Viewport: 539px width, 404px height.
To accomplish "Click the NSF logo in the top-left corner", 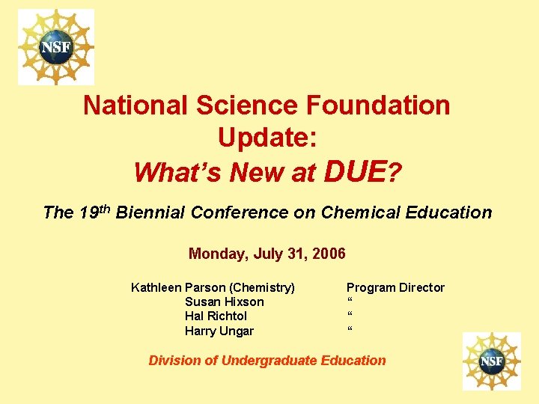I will pyautogui.click(x=56, y=46).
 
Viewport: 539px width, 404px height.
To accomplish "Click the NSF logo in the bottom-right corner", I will pyautogui.click(x=491, y=361).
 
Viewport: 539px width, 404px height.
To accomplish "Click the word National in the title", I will pyautogui.click(x=135, y=105).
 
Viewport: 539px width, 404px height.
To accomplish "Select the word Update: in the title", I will pyautogui.click(x=267, y=138).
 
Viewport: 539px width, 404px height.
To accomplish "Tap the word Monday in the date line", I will pyautogui.click(x=217, y=254).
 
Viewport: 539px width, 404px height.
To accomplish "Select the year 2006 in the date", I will pyautogui.click(x=329, y=254).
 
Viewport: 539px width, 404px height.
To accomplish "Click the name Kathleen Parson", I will pyautogui.click(x=178, y=287).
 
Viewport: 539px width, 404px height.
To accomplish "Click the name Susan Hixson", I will pyautogui.click(x=224, y=302).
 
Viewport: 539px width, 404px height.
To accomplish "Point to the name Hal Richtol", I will pyautogui.click(x=216, y=316).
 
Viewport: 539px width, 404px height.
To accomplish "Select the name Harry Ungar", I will pyautogui.click(x=219, y=331).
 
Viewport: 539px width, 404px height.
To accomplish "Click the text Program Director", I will pyautogui.click(x=395, y=287).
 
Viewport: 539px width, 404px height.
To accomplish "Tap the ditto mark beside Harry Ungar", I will pyautogui.click(x=350, y=329).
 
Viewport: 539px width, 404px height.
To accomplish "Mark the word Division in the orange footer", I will pyautogui.click(x=174, y=361).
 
